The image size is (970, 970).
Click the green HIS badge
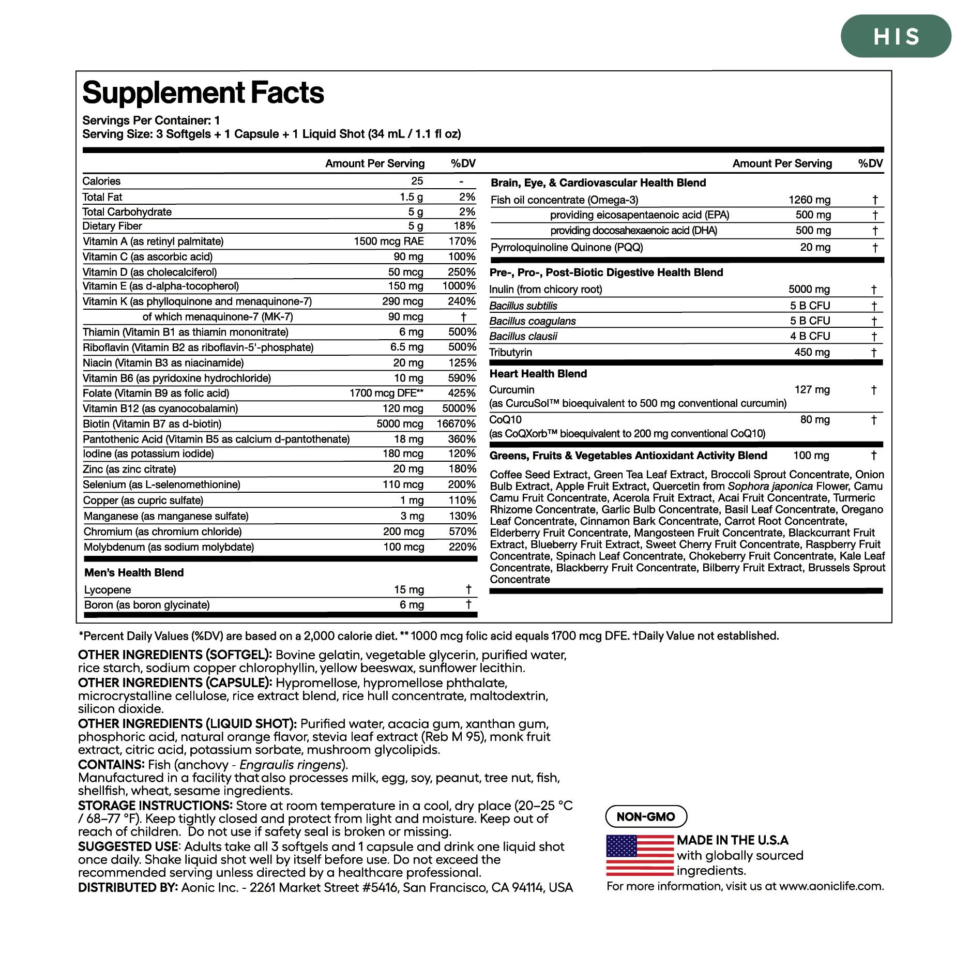tap(896, 36)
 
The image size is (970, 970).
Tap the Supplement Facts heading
tap(203, 93)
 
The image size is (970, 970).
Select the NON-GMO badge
tap(646, 816)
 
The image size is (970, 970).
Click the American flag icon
tap(640, 855)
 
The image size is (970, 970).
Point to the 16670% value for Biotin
tap(456, 424)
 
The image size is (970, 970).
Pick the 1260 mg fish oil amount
tap(809, 200)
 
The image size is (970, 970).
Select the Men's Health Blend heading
tap(134, 572)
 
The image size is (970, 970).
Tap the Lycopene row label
tap(108, 590)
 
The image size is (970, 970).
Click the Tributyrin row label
tap(511, 353)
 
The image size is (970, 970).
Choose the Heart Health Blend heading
tap(538, 374)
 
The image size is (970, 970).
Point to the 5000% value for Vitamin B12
tap(459, 408)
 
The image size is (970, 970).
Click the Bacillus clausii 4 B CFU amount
tap(810, 337)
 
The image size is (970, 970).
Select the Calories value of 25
tap(417, 181)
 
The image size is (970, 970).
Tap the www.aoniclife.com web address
tap(831, 886)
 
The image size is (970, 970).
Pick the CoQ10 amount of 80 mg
tap(815, 420)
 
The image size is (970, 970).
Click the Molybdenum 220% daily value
tap(462, 547)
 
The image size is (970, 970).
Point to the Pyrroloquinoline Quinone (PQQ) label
tap(567, 248)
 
